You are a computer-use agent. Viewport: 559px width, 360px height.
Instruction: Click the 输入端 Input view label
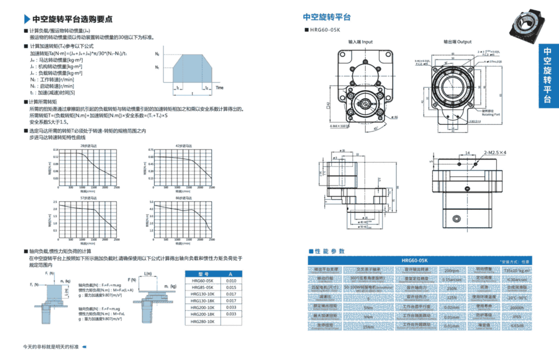[360, 42]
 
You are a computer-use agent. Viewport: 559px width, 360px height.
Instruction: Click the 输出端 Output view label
[457, 42]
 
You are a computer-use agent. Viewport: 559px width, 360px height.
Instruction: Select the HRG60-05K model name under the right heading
[325, 30]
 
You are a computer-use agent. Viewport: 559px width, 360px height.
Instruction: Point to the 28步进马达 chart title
[86, 145]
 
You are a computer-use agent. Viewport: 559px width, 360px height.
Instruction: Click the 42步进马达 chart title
[184, 145]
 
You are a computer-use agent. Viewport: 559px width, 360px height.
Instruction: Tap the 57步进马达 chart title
[86, 197]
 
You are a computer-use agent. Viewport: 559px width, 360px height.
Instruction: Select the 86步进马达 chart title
[184, 197]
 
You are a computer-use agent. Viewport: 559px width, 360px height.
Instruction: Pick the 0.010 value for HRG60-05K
[230, 281]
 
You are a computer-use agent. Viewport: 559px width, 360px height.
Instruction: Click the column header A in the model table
[230, 273]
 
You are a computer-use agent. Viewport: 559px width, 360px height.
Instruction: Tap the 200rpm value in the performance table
[452, 270]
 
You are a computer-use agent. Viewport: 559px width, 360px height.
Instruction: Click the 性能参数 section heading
[329, 251]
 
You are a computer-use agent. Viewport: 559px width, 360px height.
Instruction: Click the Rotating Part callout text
[490, 114]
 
